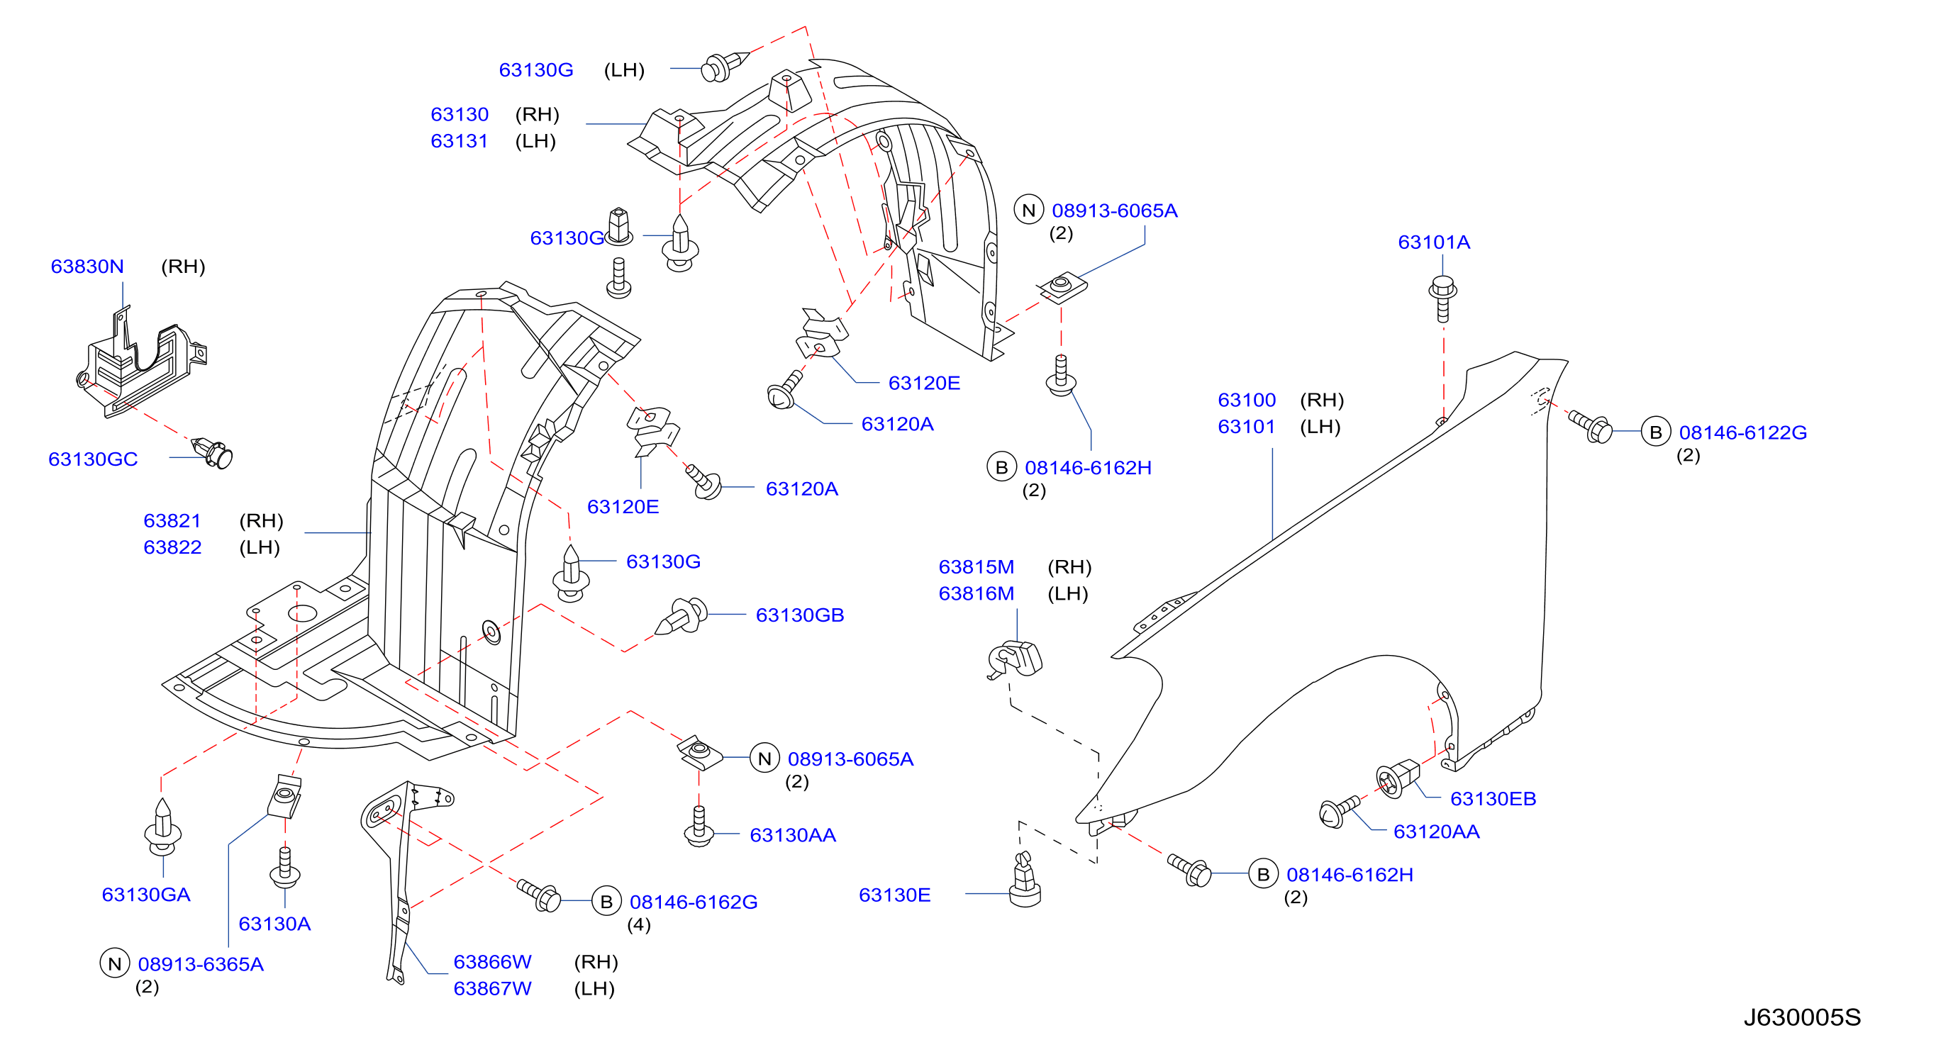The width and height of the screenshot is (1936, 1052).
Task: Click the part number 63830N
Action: coord(87,267)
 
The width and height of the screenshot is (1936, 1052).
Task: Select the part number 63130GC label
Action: coord(93,459)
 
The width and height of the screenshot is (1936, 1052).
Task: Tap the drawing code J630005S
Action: coord(1802,1017)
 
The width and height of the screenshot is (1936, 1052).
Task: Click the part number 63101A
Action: coord(1434,242)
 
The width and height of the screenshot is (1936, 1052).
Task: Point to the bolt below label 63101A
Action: coord(1442,299)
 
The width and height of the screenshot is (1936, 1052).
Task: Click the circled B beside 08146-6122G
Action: coord(1656,432)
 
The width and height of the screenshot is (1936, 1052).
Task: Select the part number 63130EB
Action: coord(1493,799)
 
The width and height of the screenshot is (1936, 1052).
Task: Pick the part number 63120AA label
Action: coord(1436,832)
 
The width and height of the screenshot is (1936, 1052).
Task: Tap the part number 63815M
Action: coord(977,567)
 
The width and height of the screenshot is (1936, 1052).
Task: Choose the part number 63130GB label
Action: coord(800,615)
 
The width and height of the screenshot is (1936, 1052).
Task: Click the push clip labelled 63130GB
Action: coord(681,616)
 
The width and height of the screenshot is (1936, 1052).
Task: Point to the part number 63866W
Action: coord(492,963)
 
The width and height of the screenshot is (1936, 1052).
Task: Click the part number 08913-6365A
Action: coord(201,965)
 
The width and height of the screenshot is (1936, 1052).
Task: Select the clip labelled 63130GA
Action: coord(162,827)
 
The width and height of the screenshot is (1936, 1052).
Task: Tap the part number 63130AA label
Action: coord(793,836)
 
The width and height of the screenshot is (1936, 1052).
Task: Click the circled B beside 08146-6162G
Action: coord(606,902)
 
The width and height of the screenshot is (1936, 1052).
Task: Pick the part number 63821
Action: coord(172,522)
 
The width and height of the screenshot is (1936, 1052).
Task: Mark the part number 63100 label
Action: coord(1247,401)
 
